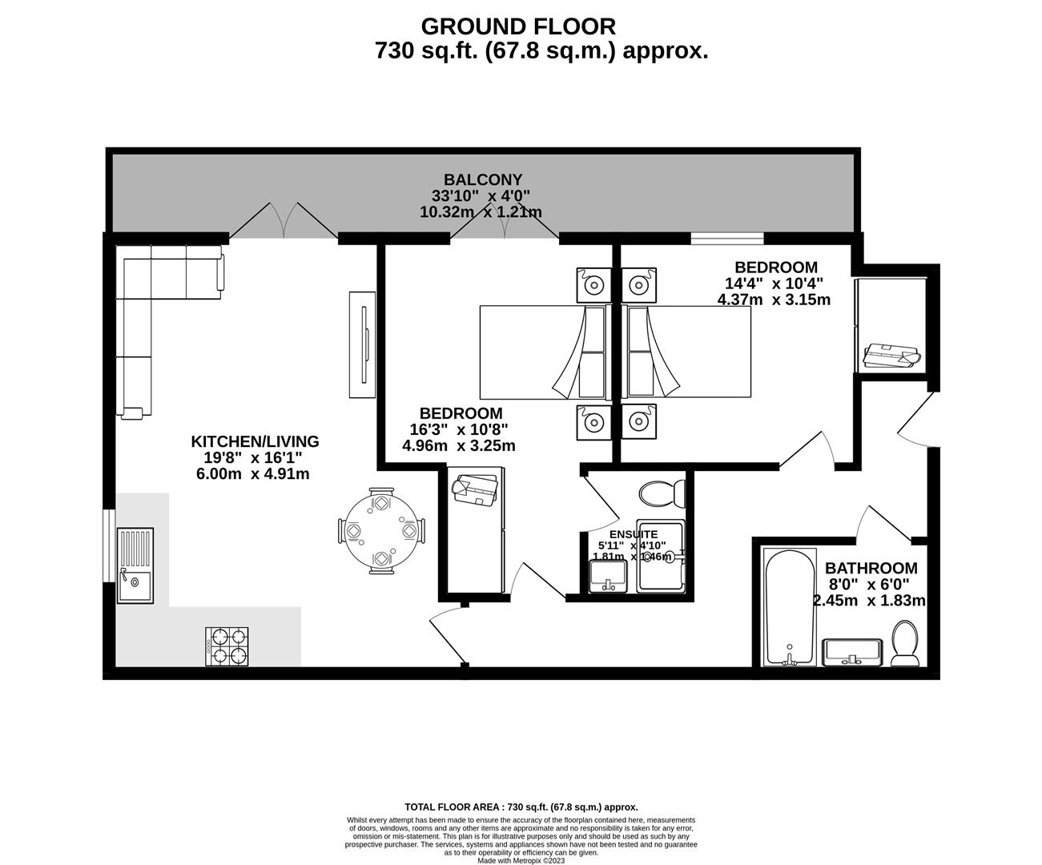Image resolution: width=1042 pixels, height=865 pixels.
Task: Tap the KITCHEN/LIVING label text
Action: (x=255, y=441)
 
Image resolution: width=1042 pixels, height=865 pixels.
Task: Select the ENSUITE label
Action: (x=634, y=534)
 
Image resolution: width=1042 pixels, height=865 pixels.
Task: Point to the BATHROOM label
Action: (x=871, y=568)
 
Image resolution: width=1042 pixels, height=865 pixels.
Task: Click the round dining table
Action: (x=380, y=530)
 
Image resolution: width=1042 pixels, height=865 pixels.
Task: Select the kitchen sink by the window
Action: (x=135, y=565)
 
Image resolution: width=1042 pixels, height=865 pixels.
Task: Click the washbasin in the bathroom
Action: (x=853, y=651)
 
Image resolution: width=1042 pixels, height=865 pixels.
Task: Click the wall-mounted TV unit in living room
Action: (x=362, y=344)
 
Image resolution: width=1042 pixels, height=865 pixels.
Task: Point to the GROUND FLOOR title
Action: (x=518, y=26)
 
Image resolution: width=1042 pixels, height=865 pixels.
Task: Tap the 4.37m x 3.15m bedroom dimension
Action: (x=774, y=300)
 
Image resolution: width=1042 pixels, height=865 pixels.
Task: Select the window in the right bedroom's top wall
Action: (x=726, y=237)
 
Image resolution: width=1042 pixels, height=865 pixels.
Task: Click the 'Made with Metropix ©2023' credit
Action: (x=521, y=861)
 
